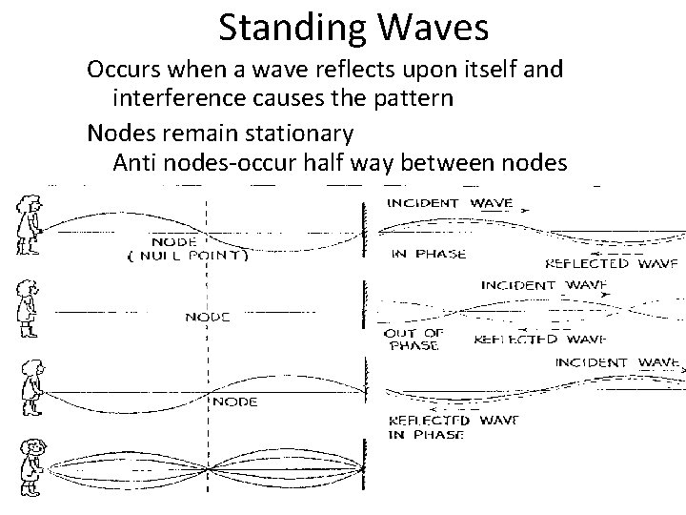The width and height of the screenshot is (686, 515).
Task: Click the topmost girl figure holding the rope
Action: coord(26,227)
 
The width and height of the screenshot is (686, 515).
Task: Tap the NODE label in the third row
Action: coord(234,402)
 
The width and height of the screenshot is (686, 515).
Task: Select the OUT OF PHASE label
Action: coord(413,340)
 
